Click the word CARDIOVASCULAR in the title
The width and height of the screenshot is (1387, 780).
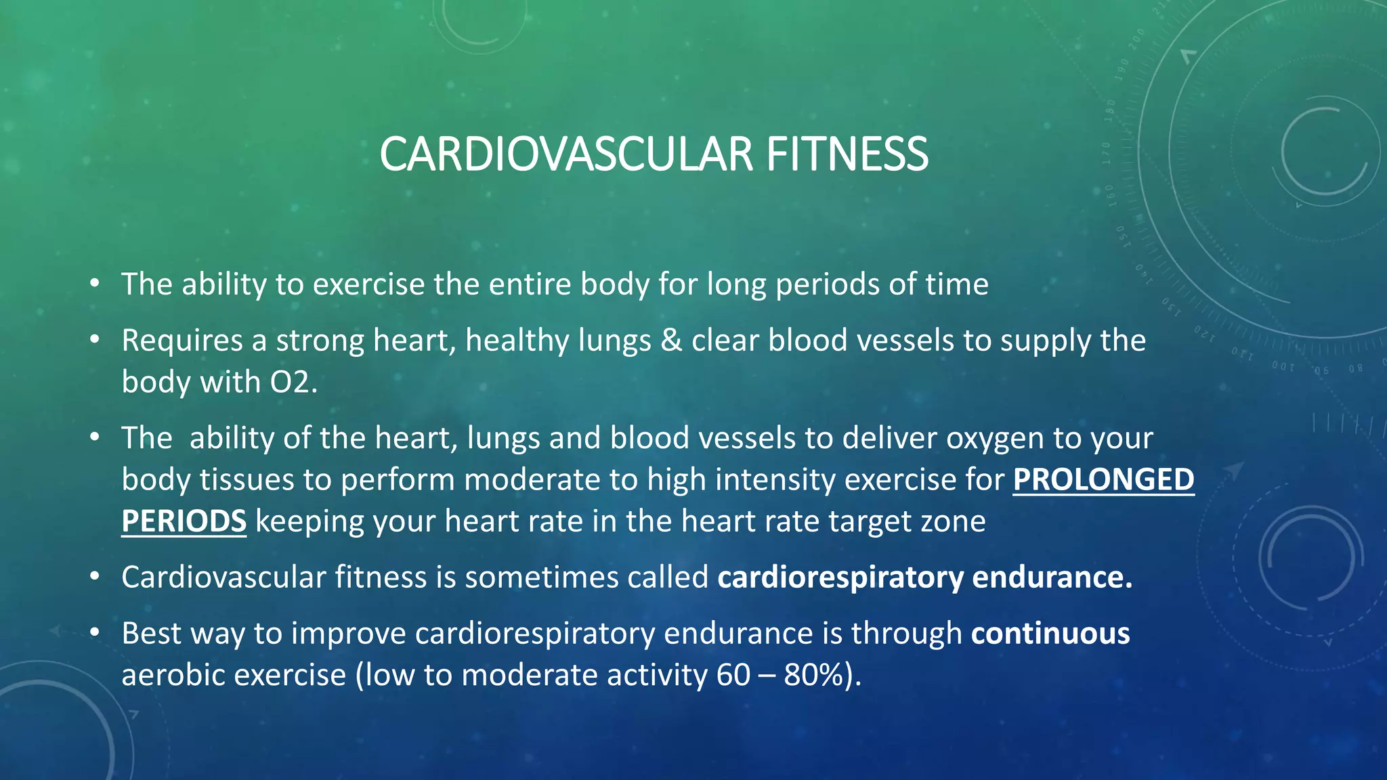566,154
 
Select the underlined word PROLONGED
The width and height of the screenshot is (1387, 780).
1103,479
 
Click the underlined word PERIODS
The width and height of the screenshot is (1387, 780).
184,521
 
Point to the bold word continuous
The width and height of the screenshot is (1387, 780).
1050,634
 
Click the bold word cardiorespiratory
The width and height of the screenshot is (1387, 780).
840,578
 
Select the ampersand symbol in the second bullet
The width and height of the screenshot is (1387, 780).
670,341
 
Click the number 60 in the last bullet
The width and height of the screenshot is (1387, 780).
733,676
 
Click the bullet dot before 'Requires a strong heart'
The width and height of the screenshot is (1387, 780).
95,339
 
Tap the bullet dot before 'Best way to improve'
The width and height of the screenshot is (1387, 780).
95,632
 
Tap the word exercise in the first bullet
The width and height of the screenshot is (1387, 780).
368,284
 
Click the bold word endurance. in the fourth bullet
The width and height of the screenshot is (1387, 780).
1052,578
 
